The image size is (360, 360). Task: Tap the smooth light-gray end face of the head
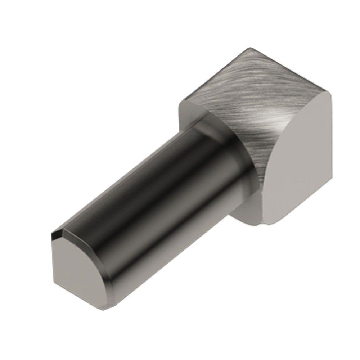coord(295,180)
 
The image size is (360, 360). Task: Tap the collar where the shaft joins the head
coord(220,151)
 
